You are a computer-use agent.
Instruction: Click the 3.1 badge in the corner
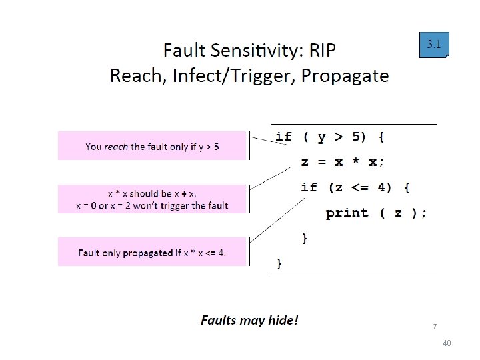434,45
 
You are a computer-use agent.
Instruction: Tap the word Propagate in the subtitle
345,75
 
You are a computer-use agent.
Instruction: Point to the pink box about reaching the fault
153,146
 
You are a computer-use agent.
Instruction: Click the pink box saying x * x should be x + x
153,199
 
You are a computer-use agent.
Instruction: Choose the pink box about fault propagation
153,252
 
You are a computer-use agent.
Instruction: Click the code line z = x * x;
343,162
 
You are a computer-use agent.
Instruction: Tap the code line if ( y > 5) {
329,137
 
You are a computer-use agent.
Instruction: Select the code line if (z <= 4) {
355,187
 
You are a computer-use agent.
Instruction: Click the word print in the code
347,213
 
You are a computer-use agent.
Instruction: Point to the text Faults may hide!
249,321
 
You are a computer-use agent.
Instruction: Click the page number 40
447,343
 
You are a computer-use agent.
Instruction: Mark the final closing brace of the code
279,264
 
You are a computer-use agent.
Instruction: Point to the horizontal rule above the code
353,124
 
